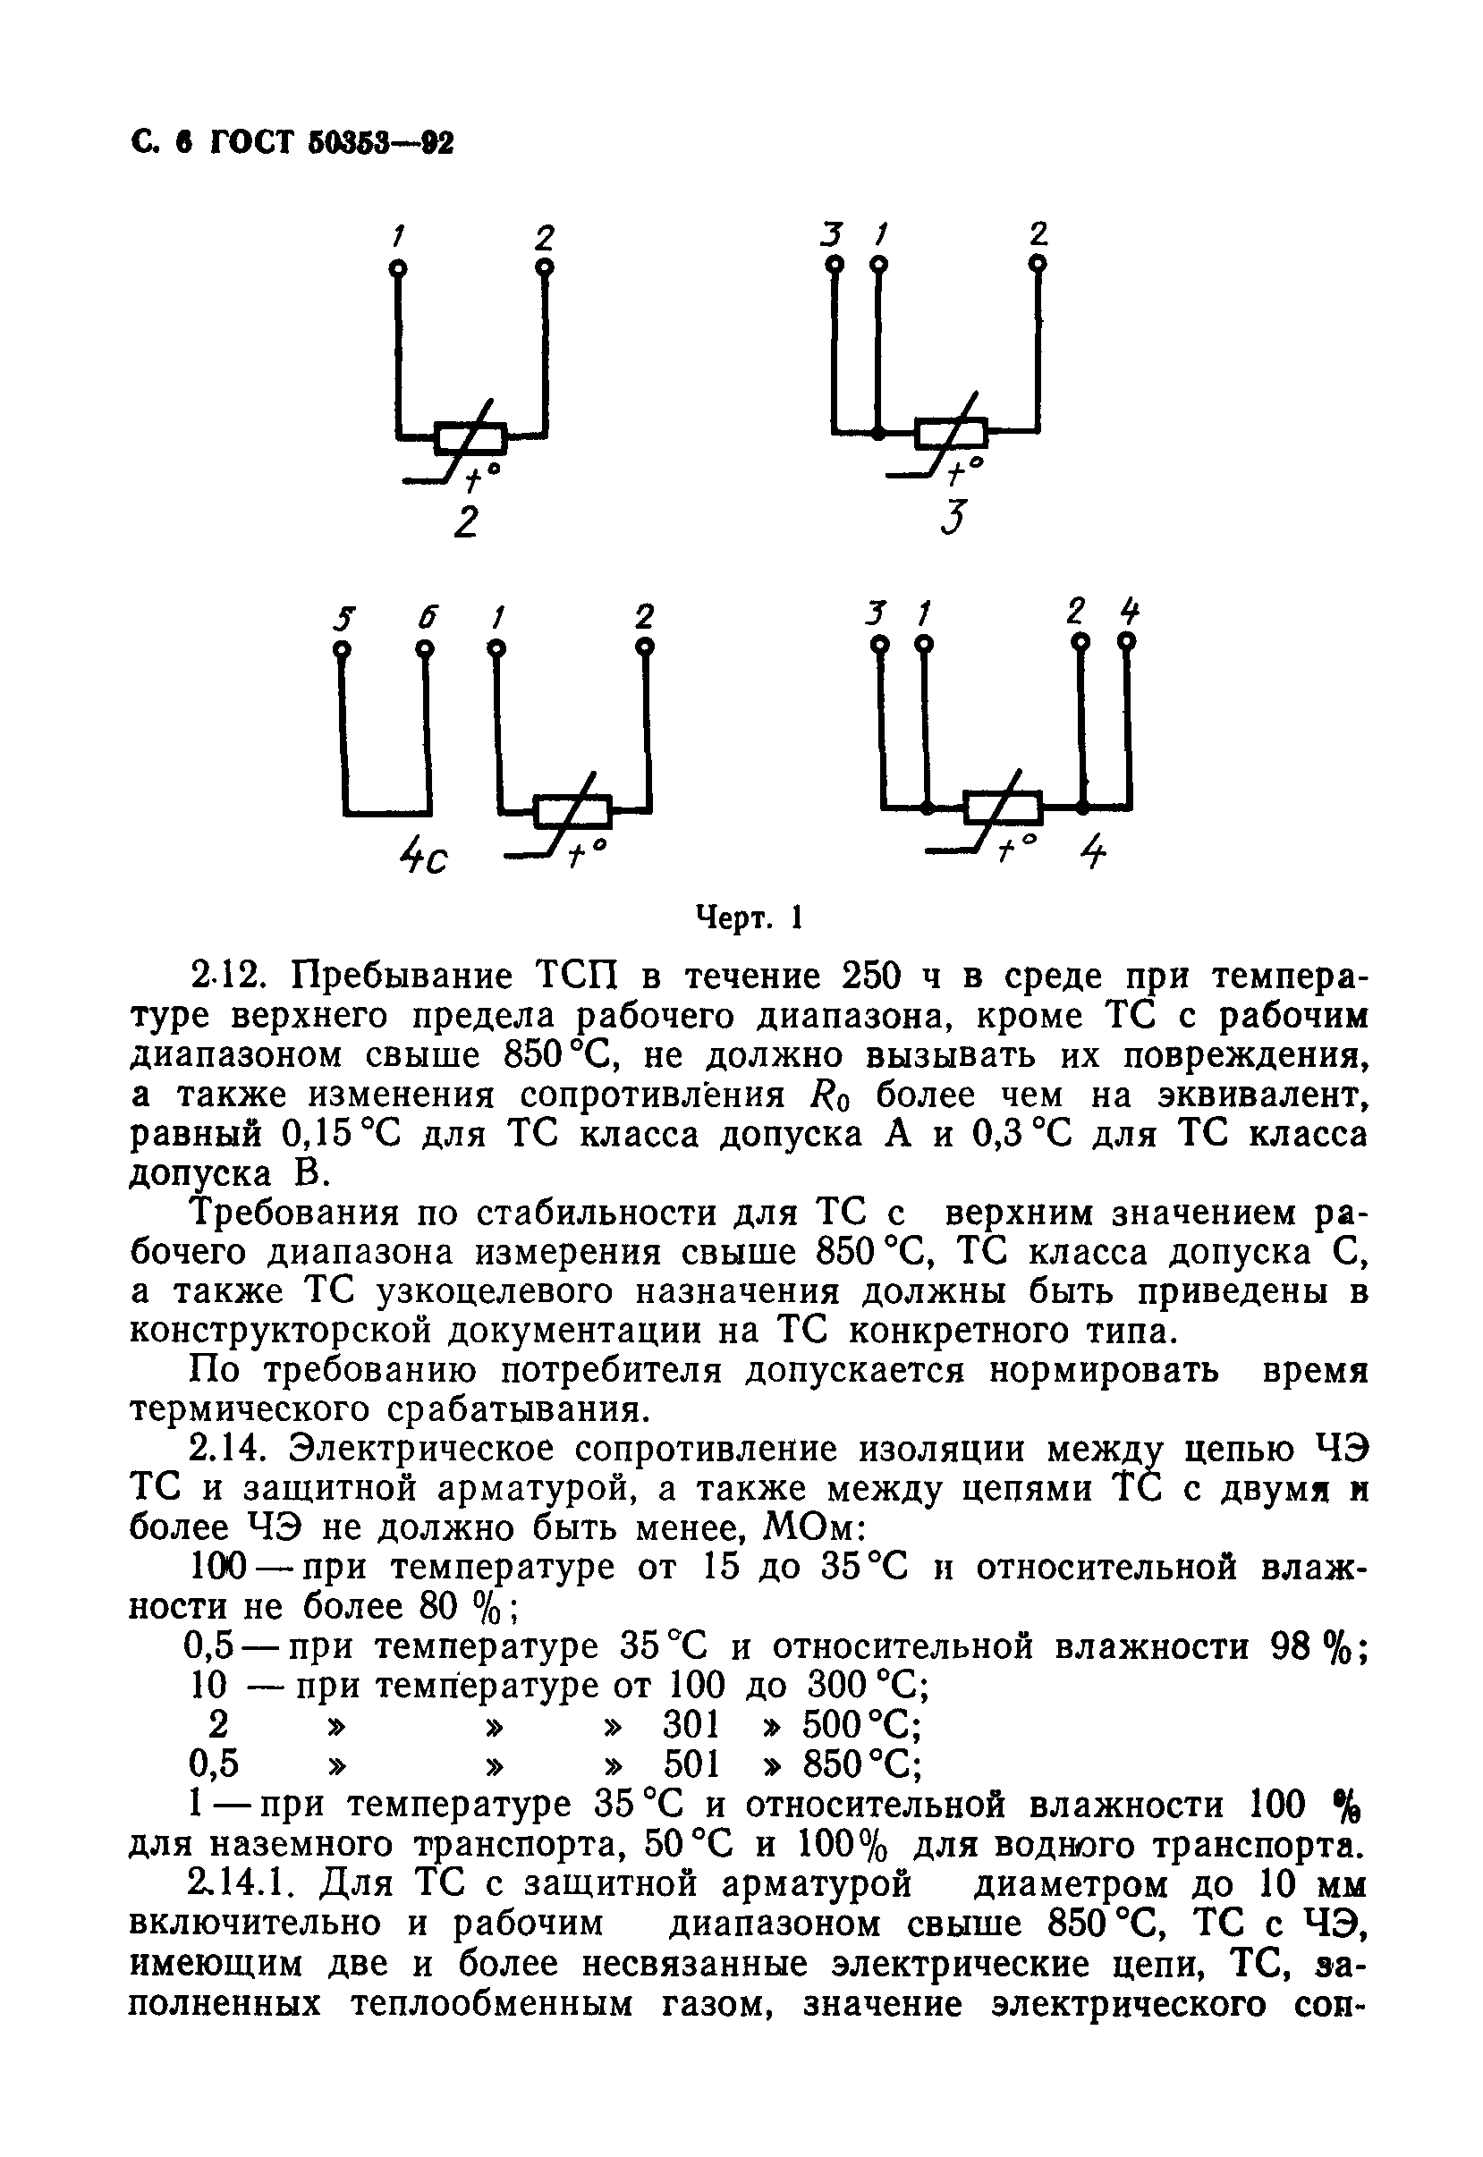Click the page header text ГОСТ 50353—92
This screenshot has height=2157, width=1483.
click(x=332, y=143)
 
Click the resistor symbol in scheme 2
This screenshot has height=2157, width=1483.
click(x=471, y=436)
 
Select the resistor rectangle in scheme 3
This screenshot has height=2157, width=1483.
click(x=951, y=432)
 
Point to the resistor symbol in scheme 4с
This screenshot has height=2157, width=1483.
click(x=572, y=811)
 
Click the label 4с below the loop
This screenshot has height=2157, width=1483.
click(x=422, y=859)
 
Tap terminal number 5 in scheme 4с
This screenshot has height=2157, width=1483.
click(x=344, y=618)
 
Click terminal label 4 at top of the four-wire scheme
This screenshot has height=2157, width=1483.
click(x=1129, y=613)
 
